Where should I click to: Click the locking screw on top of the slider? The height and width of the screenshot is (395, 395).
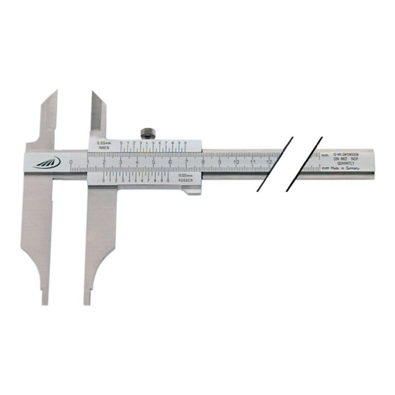[147, 133]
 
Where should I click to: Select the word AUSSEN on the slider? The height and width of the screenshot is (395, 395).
[185, 180]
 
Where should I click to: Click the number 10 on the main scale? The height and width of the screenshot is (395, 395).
[236, 162]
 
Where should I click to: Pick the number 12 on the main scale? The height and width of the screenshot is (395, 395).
[269, 162]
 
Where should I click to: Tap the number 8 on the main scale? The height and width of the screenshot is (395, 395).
[203, 162]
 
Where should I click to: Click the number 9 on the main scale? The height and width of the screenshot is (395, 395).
[219, 162]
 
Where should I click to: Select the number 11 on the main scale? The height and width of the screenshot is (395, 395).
[252, 162]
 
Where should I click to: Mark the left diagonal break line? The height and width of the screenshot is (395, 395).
[275, 163]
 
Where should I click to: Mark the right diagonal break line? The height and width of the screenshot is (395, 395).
[305, 163]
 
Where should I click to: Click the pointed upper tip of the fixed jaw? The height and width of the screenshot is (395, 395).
[56, 92]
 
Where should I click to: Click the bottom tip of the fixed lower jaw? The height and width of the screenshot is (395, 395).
[45, 302]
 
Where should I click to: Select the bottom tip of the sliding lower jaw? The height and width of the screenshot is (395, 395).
[87, 302]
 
